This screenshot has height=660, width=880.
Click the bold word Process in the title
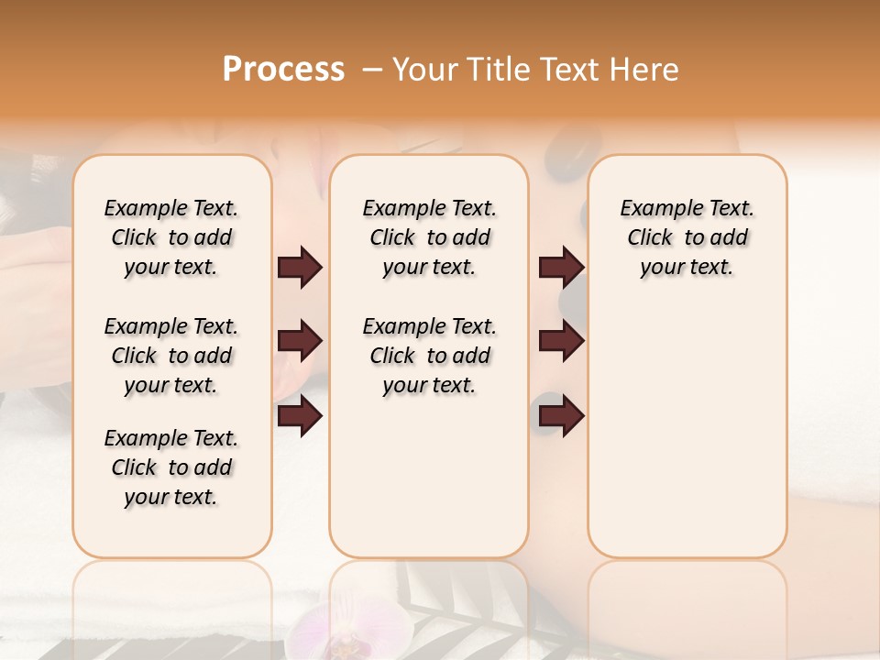(x=283, y=70)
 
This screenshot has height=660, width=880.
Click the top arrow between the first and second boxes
(x=300, y=268)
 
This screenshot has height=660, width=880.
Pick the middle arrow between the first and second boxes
(x=300, y=341)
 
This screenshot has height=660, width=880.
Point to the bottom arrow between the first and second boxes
(x=300, y=417)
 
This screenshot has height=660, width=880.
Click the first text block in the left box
(x=171, y=237)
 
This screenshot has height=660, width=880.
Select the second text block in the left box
(x=171, y=356)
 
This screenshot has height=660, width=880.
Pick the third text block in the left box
(x=171, y=467)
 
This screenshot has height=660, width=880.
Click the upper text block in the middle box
(x=429, y=237)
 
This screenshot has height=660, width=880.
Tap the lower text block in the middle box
(x=429, y=356)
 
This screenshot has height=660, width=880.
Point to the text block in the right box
(x=687, y=237)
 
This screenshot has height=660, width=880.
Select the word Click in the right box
(x=650, y=238)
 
